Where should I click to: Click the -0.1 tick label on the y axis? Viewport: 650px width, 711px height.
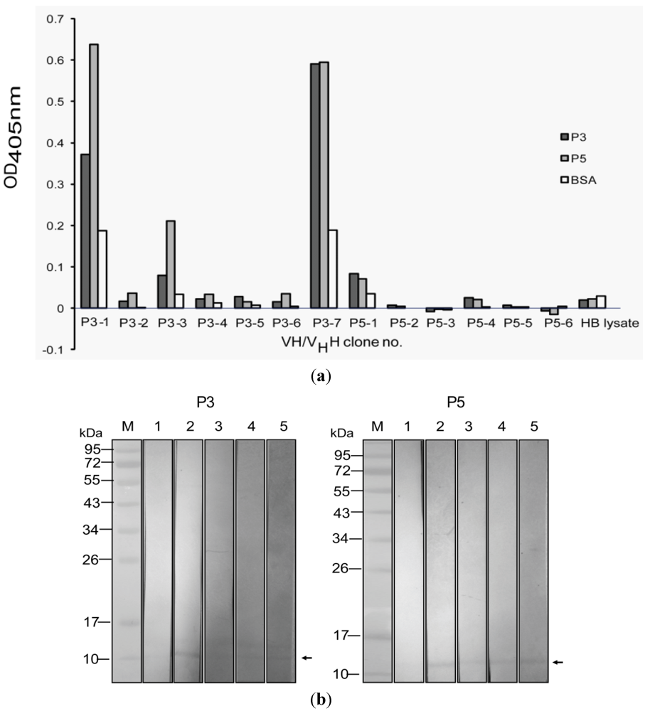52,350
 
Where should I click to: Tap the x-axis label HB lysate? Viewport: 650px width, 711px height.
610,322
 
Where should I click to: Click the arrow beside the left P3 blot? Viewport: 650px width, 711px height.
307,658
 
